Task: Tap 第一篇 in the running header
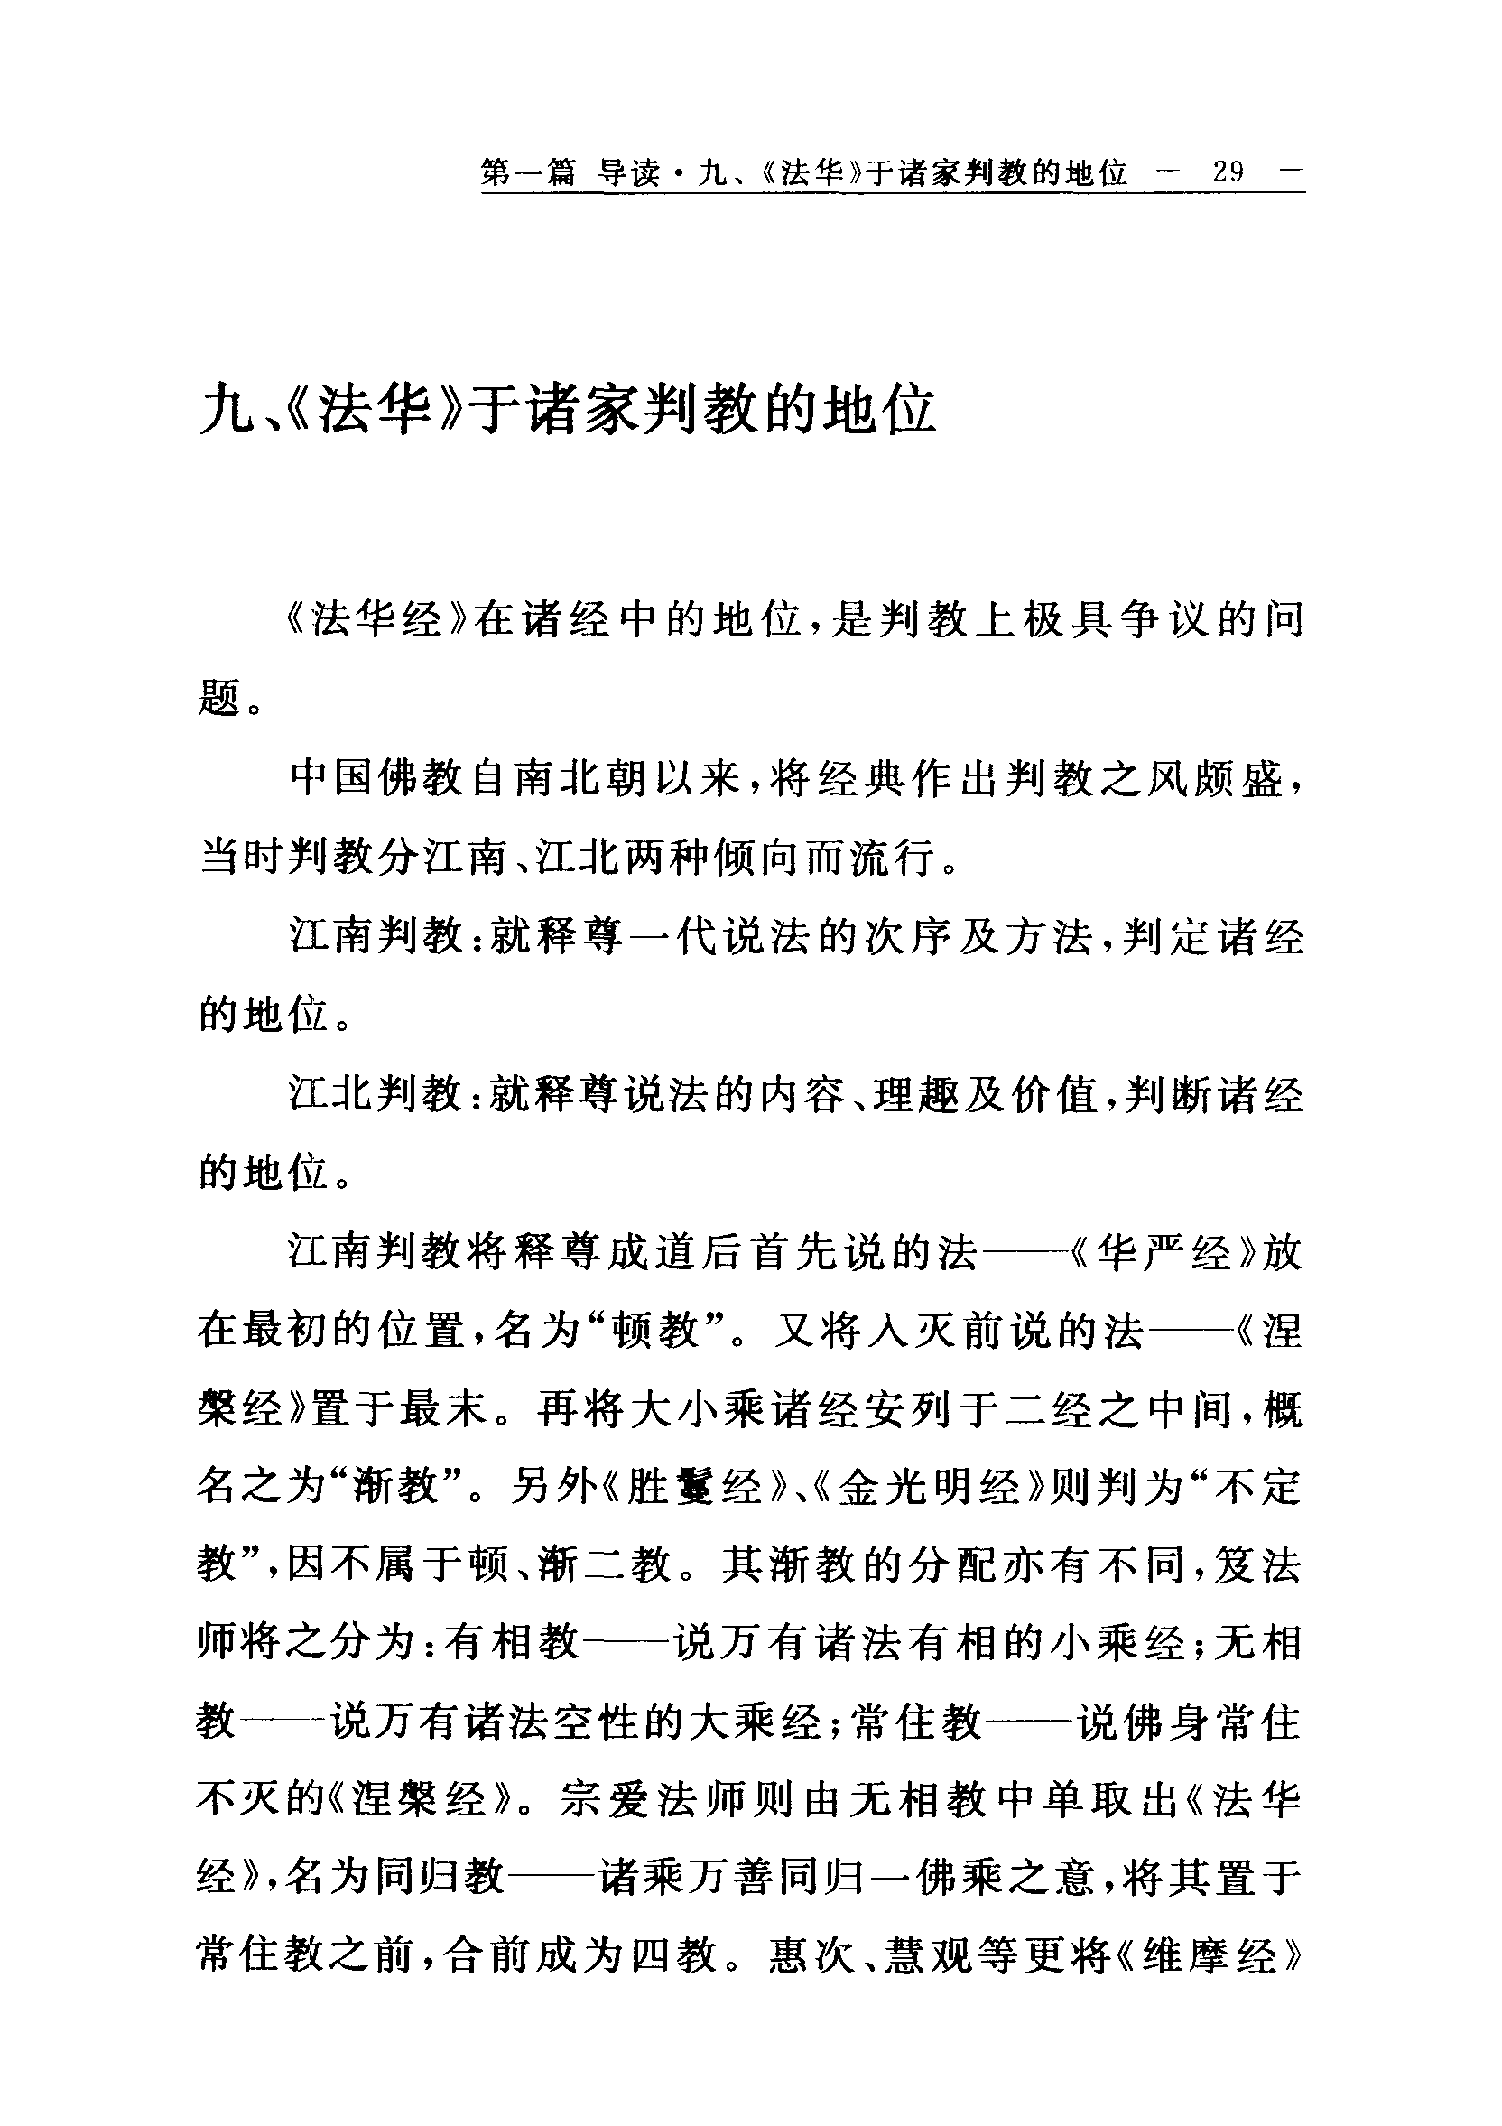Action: (x=528, y=172)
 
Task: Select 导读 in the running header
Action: (x=630, y=172)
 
